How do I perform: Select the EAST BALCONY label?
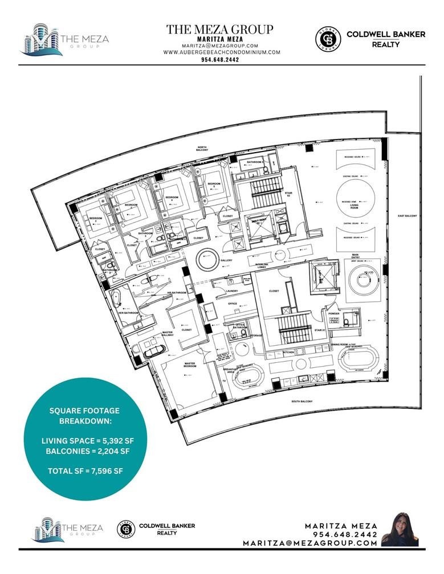click(409, 216)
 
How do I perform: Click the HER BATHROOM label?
click(129, 313)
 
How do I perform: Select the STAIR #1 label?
click(320, 330)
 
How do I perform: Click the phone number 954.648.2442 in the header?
click(219, 59)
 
